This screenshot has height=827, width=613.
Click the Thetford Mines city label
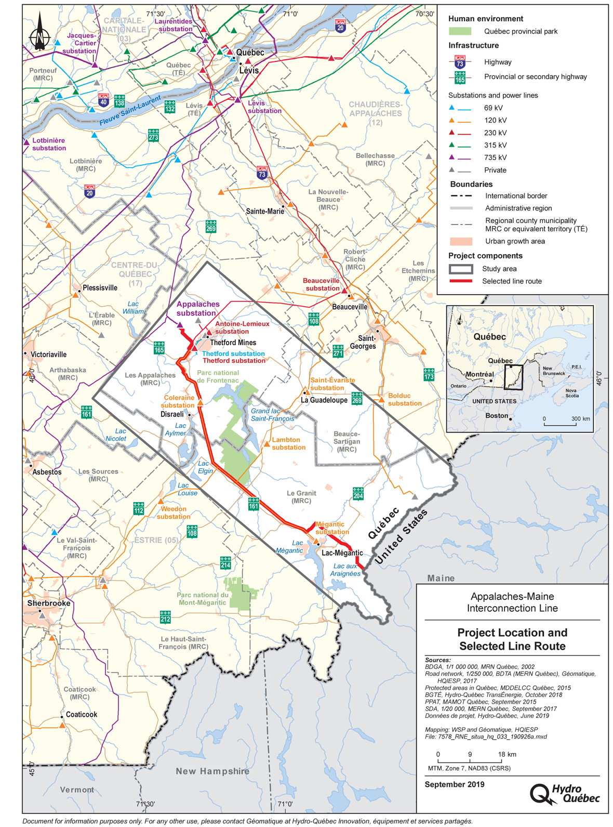(x=233, y=343)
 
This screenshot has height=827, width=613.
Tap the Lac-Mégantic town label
(x=342, y=553)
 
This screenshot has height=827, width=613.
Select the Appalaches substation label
(x=197, y=309)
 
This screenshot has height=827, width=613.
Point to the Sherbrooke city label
(x=48, y=603)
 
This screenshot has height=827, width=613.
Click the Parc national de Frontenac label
(x=218, y=376)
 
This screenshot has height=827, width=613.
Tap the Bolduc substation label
(x=404, y=400)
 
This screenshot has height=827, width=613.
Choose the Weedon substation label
(x=174, y=513)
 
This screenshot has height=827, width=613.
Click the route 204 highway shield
(x=358, y=493)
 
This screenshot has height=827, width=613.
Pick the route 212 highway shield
(x=165, y=617)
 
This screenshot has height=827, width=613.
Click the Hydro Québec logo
(x=565, y=794)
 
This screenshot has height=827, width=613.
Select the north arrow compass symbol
(x=39, y=32)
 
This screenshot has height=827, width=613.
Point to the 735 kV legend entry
(x=495, y=157)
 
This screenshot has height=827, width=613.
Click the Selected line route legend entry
(x=512, y=281)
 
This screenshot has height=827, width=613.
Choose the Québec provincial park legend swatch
(x=460, y=31)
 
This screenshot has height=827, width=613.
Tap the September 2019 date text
(x=455, y=784)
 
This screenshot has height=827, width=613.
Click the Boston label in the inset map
(x=497, y=416)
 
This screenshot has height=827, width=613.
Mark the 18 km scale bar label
(x=507, y=754)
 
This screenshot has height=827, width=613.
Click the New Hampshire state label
(x=212, y=771)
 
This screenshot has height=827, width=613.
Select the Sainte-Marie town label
(x=265, y=211)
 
